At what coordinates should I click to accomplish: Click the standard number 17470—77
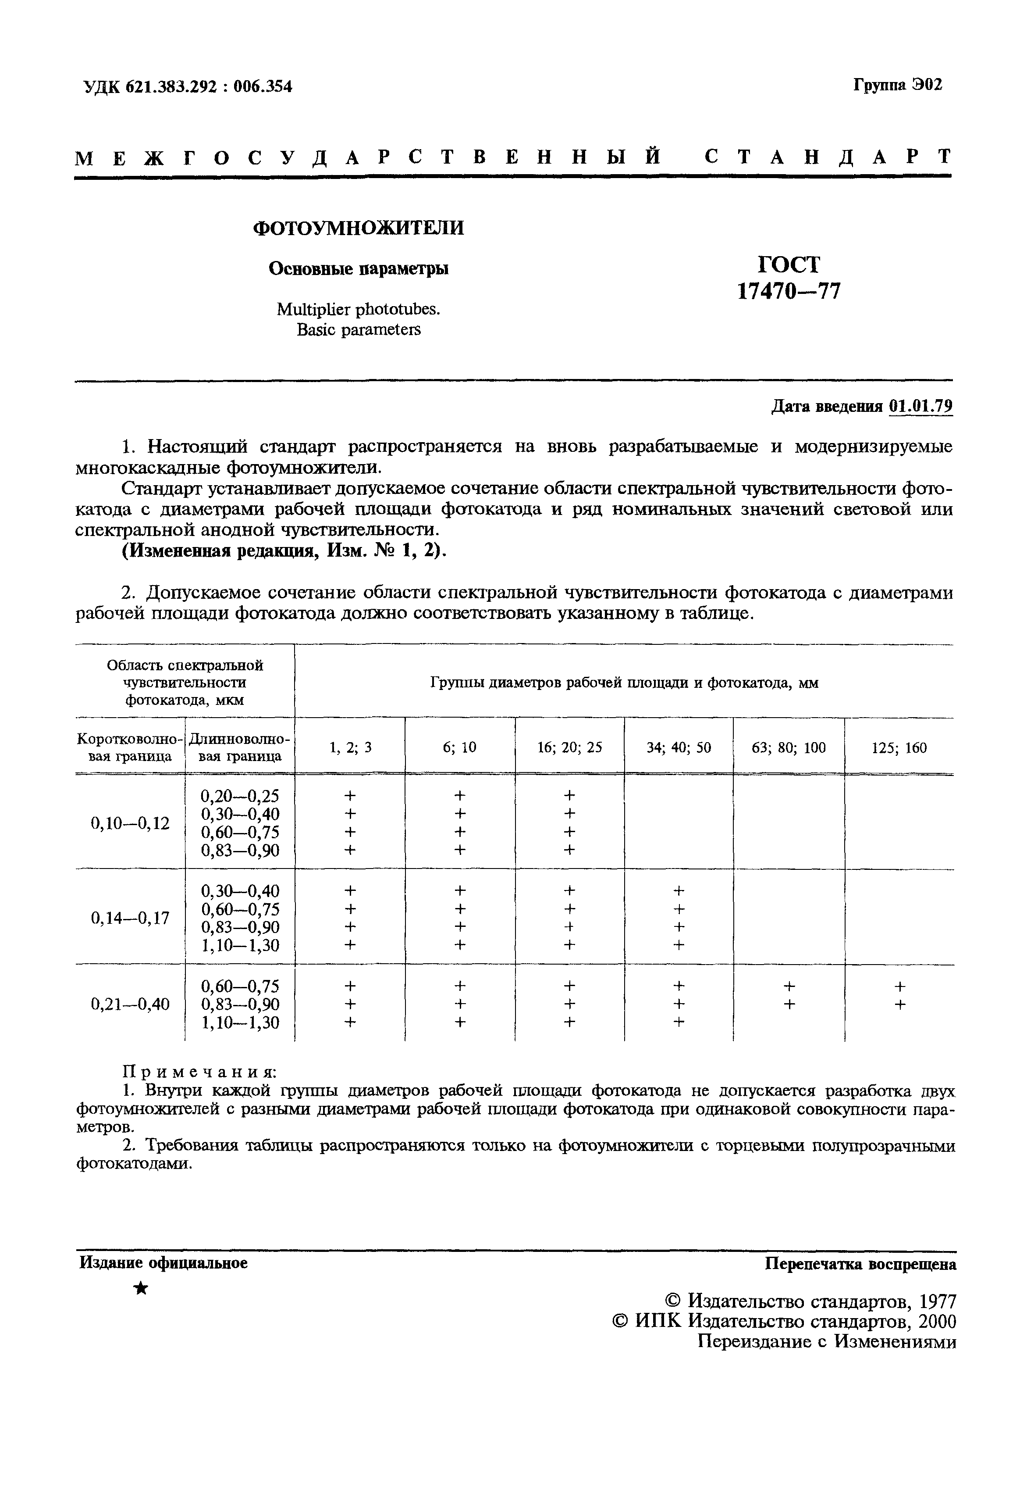tap(789, 292)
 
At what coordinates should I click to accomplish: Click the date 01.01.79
tap(920, 406)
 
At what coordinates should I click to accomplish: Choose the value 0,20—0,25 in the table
tap(240, 795)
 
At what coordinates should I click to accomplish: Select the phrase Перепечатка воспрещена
tap(860, 1264)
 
